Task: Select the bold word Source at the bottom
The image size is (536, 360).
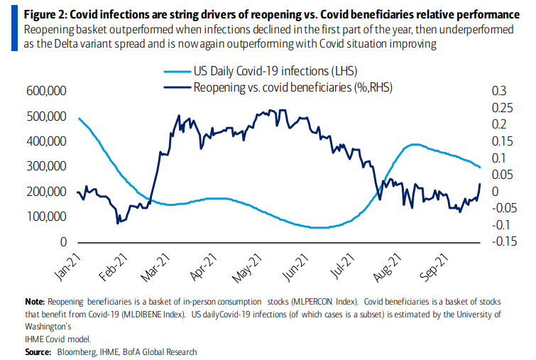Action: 38,351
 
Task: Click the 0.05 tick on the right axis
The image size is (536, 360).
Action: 501,175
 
